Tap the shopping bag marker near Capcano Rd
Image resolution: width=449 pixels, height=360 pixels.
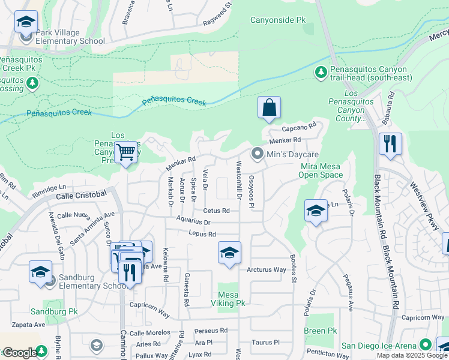coord(270,108)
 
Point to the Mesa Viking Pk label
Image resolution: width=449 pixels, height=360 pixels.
coord(231,299)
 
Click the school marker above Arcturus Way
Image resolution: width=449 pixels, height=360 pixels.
coord(229,253)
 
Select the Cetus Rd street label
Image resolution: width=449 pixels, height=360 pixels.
coord(216,211)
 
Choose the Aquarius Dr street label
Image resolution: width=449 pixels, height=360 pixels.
coord(193,221)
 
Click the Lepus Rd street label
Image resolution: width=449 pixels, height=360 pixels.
coord(201,233)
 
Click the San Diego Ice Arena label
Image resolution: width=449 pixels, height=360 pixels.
coord(379,345)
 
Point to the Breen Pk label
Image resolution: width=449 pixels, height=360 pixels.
coord(320,331)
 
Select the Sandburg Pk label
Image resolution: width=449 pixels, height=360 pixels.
coord(55,312)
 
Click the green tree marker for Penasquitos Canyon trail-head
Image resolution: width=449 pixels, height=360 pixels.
coord(321,73)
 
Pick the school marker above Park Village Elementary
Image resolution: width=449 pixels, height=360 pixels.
coord(26,22)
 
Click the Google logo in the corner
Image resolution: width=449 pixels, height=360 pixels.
coord(20,353)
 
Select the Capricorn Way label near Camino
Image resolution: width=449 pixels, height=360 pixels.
coord(150,305)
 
